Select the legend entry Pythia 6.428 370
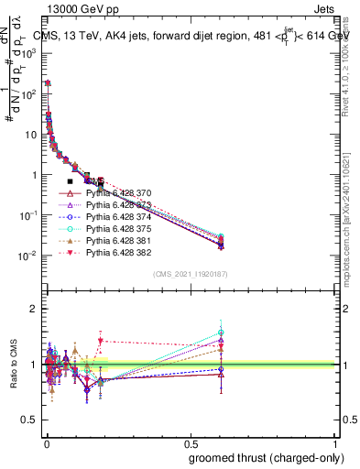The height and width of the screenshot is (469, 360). [118, 194]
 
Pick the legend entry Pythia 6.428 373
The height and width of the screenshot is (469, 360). [118, 206]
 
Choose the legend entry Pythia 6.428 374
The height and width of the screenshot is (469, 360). [118, 218]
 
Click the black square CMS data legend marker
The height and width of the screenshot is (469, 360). [70, 182]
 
